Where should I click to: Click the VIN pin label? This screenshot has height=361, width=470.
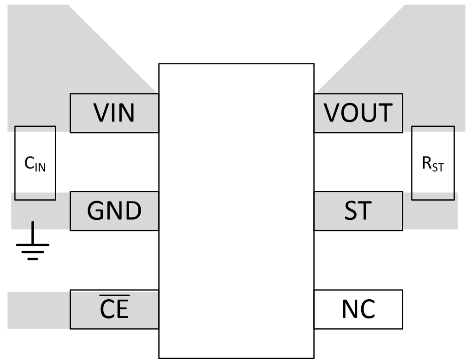114,113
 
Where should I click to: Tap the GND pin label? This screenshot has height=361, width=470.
114,211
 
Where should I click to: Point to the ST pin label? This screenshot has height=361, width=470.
358,211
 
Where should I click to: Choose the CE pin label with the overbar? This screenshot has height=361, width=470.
114,309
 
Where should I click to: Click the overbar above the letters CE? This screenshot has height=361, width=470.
114,296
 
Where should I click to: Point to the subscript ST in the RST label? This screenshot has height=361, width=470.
438,168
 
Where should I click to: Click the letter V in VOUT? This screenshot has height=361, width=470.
333,113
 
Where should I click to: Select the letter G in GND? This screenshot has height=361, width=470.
96,211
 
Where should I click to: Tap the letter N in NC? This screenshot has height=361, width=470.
350,309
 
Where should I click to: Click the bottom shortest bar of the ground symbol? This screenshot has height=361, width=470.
33,259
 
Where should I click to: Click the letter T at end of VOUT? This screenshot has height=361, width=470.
384,113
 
